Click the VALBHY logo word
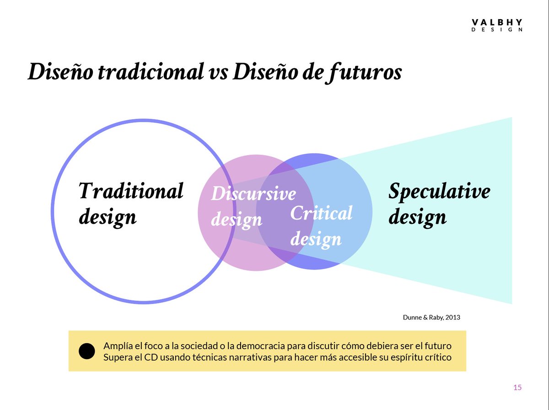tap(497, 22)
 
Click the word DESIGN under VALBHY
tap(497, 30)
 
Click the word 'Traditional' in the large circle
tap(131, 191)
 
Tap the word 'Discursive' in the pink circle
tap(253, 194)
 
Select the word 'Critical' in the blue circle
tap(322, 213)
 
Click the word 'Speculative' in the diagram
tap(439, 191)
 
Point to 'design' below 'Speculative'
tap(417, 216)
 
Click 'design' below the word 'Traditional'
tap(108, 216)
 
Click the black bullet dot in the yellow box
tap(87, 351)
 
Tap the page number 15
tap(517, 388)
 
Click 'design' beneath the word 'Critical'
tap(316, 239)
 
